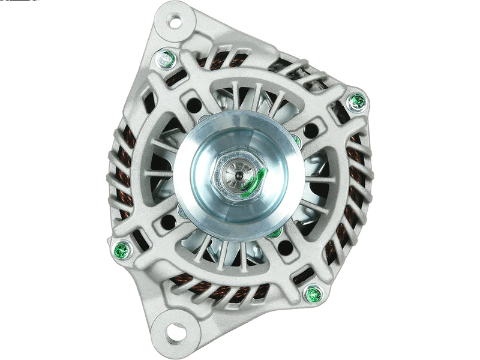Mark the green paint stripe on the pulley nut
tap(255, 179)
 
